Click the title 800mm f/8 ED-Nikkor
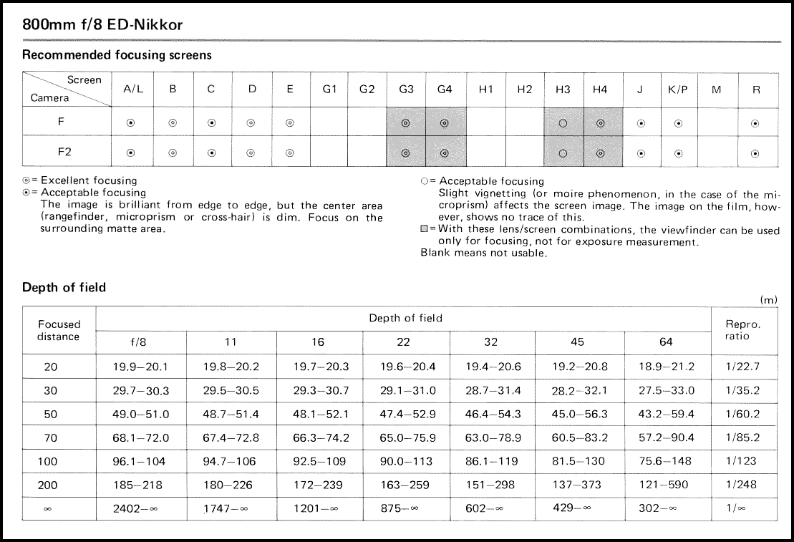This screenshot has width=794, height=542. tap(102, 25)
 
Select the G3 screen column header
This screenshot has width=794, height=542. tap(406, 89)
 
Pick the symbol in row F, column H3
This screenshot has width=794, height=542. tap(563, 123)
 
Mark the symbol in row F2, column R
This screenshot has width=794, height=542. tap(755, 153)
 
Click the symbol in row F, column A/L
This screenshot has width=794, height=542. tap(130, 123)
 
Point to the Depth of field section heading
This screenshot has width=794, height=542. tap(64, 287)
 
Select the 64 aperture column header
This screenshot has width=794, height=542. tap(667, 342)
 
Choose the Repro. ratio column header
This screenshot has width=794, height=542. tap(743, 330)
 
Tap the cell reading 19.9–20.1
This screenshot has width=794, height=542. tap(141, 367)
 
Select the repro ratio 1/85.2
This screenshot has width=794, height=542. tap(743, 437)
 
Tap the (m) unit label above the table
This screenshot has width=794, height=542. tap(768, 299)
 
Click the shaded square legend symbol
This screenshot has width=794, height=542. tap(425, 231)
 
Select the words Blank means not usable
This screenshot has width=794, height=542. tap(483, 253)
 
